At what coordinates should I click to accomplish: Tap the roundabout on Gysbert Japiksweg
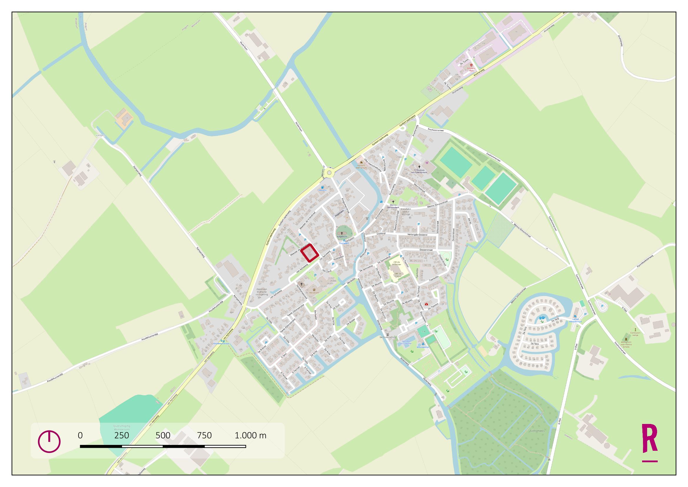[330, 173]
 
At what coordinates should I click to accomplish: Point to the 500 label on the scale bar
[163, 435]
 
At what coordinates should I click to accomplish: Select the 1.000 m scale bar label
[250, 435]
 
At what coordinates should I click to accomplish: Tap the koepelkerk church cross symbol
[341, 233]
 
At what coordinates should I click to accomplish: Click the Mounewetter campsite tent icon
[423, 344]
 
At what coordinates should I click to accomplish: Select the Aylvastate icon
[314, 290]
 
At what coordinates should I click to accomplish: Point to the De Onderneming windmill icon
[387, 334]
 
